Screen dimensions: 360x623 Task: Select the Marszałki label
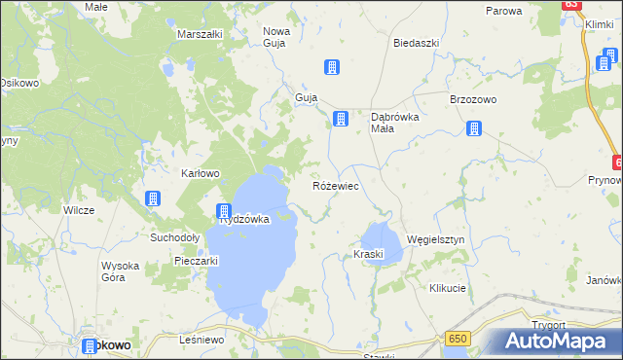pyautogui.click(x=201, y=34)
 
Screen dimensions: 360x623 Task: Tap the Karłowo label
pyautogui.click(x=202, y=173)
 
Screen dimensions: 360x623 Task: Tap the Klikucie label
pyautogui.click(x=448, y=289)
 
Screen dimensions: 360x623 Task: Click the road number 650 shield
pyautogui.click(x=459, y=338)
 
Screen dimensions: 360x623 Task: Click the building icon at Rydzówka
pyautogui.click(x=223, y=211)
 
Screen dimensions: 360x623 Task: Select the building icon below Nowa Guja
pyautogui.click(x=332, y=67)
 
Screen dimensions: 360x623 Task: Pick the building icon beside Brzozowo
pyautogui.click(x=474, y=127)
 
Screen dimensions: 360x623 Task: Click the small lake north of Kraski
pyautogui.click(x=381, y=236)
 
